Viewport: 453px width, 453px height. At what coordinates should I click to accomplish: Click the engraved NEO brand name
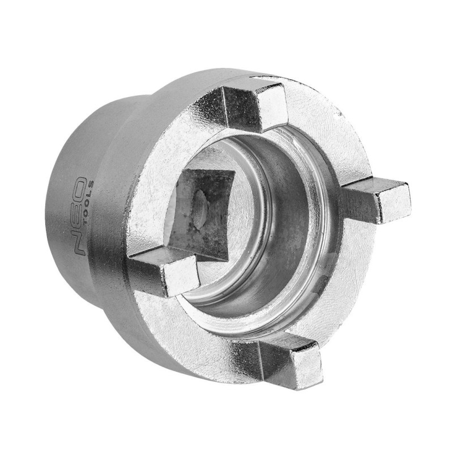tap(80, 216)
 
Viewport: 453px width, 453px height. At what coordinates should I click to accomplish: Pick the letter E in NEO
tap(80, 216)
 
